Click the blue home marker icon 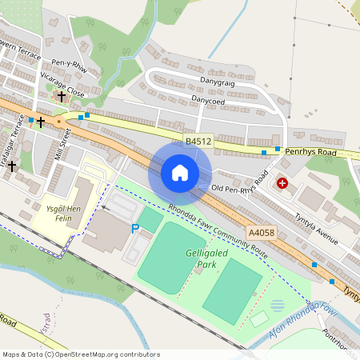(x=180, y=173)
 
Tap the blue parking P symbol (x=135, y=229)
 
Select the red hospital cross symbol (x=282, y=183)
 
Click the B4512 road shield (x=198, y=142)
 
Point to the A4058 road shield (x=261, y=232)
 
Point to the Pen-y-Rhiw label (x=69, y=66)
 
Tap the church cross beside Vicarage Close (x=61, y=96)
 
